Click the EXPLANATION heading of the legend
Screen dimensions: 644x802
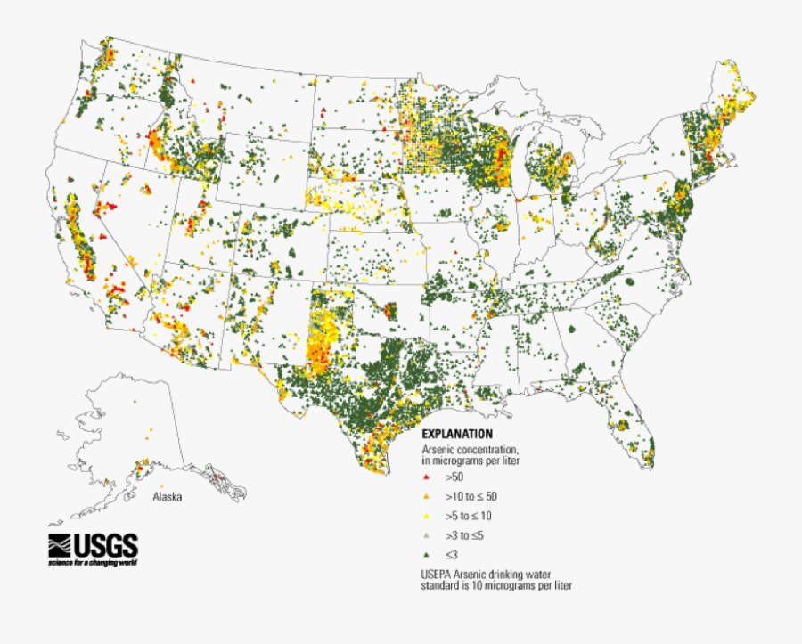pyautogui.click(x=457, y=434)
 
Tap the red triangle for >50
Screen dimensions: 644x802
pyautogui.click(x=427, y=478)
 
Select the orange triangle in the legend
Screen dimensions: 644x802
pyautogui.click(x=427, y=497)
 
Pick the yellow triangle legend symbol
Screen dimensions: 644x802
pyautogui.click(x=427, y=516)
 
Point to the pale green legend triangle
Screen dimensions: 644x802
pyautogui.click(x=427, y=535)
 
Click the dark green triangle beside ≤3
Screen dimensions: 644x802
pyautogui.click(x=427, y=555)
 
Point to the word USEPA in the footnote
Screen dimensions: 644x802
pyautogui.click(x=438, y=574)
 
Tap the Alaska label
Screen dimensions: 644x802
pyautogui.click(x=167, y=497)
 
